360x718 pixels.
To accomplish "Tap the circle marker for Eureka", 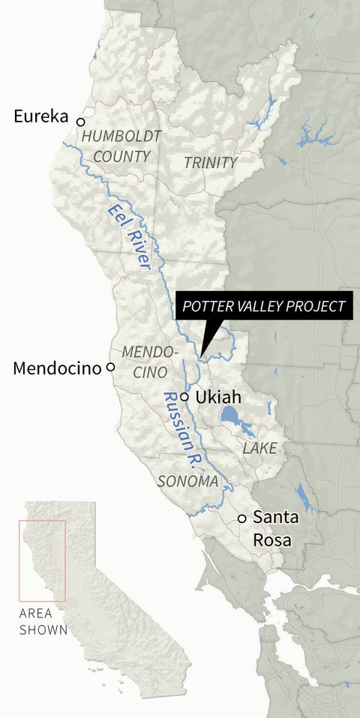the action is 81,120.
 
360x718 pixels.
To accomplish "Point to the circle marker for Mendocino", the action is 110,367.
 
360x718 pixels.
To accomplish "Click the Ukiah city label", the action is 216,397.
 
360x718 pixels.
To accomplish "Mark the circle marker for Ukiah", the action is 184,395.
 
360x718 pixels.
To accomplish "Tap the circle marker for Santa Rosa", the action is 241,518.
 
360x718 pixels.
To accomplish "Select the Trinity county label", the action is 211,162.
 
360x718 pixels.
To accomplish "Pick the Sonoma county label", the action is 187,481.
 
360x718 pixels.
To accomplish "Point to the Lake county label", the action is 259,448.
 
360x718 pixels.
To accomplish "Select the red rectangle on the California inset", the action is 43,560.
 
